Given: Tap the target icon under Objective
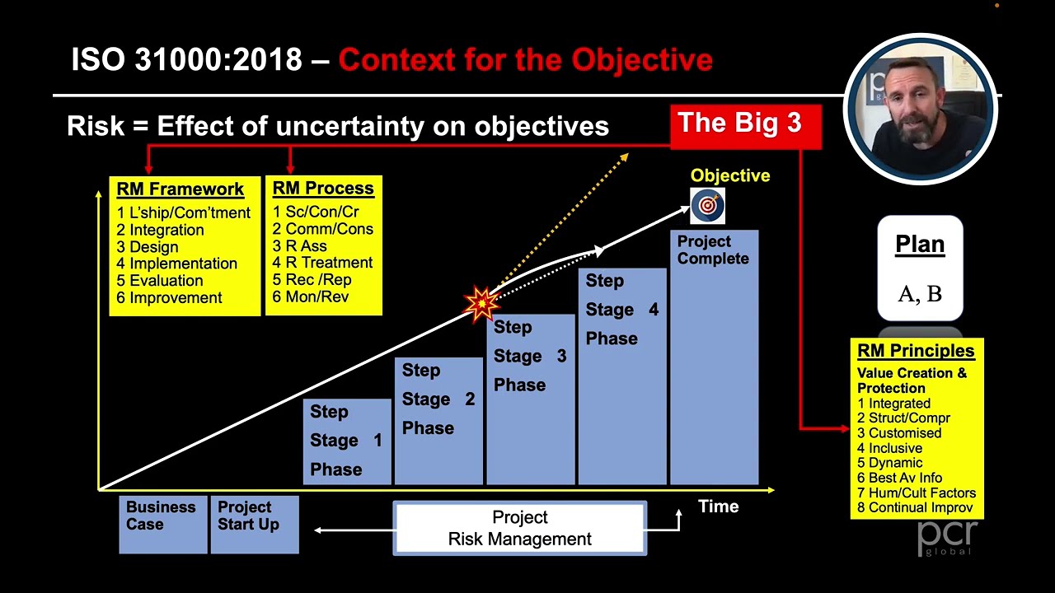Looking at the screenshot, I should (707, 206).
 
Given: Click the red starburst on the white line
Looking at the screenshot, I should (481, 303).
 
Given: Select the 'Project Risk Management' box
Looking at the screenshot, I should (519, 528).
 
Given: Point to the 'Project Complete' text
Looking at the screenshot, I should (713, 250).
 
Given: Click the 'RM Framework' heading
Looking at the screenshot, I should (180, 189).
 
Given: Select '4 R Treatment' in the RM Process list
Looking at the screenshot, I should (322, 263).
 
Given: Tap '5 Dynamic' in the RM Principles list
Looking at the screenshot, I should (889, 463).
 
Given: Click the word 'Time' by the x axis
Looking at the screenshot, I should (718, 507).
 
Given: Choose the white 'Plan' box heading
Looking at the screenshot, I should (920, 245).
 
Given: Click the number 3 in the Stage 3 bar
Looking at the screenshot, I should (561, 356).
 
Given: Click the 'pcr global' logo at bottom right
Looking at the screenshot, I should (947, 537).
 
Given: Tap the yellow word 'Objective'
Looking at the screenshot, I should (729, 175).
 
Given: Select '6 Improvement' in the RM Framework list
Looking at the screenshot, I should (169, 298).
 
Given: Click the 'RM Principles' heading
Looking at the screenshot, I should (915, 351).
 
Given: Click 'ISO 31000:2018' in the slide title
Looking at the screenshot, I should (186, 60).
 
